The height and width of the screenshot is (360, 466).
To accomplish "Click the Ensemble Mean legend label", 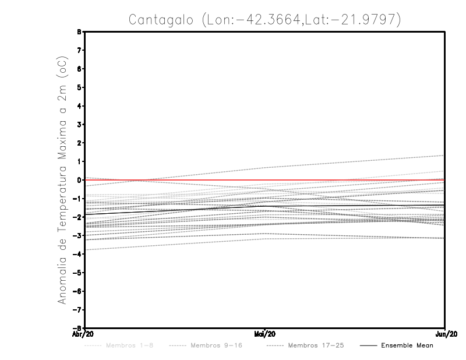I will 407,345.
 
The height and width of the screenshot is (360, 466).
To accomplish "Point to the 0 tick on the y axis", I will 80,180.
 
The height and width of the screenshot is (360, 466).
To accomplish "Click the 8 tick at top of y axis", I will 80,32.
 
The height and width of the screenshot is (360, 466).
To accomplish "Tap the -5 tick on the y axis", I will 79,273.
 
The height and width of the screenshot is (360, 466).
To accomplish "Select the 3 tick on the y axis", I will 80,125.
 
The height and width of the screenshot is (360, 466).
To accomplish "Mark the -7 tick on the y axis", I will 79,309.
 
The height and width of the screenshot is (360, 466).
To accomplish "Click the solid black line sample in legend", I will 368,345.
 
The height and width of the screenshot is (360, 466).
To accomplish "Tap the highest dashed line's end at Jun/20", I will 444,156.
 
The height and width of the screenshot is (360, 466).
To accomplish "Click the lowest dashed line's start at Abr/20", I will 86,250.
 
